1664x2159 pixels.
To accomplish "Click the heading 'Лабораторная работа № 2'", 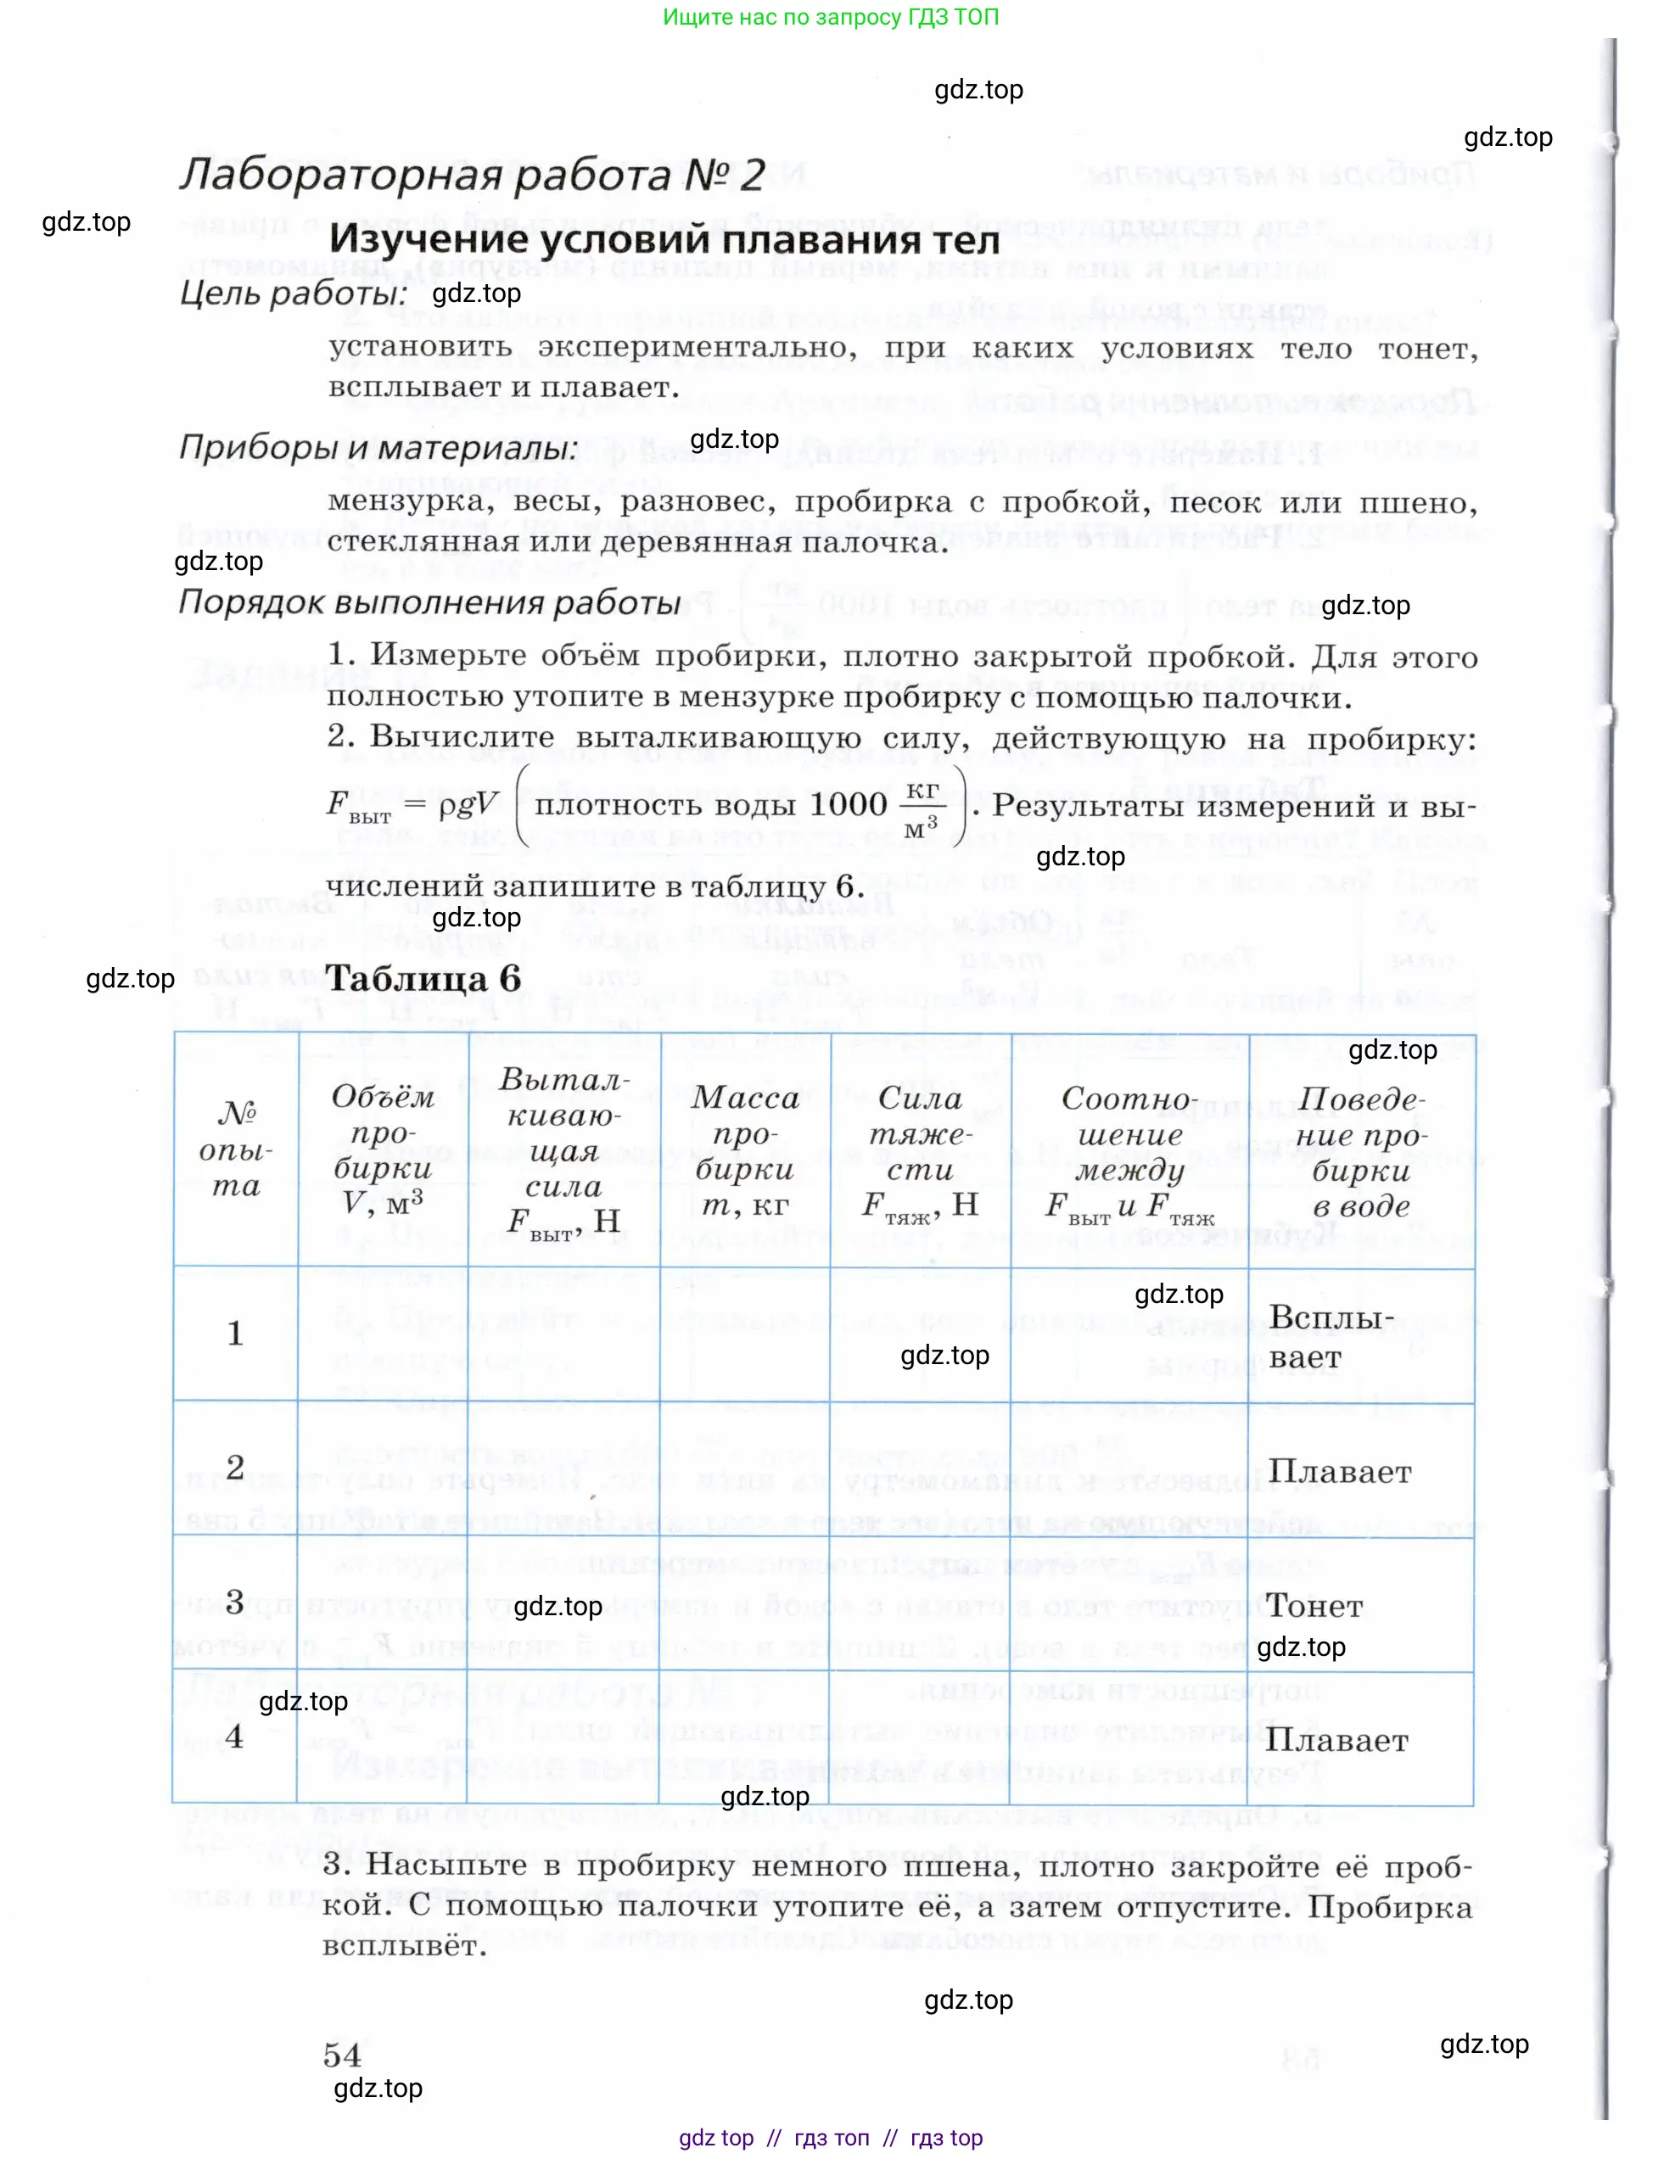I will click(472, 176).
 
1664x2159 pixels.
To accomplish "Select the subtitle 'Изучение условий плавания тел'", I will click(664, 239).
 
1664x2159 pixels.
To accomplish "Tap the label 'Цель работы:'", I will click(294, 294).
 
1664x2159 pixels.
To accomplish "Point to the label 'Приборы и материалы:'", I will click(378, 448).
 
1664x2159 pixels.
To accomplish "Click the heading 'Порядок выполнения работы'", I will click(430, 602).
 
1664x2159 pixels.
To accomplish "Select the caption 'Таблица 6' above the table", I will click(423, 979).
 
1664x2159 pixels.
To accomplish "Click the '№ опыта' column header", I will click(235, 1149).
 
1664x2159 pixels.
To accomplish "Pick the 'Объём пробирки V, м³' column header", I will click(382, 1149).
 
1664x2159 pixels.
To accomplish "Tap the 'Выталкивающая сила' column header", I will click(563, 1150).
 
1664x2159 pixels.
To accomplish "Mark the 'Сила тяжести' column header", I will click(921, 1150).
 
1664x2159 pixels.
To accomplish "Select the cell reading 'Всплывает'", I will click(1331, 1336).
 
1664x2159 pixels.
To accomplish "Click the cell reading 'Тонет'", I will click(1315, 1605).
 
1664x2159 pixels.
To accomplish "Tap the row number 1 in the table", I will click(235, 1334).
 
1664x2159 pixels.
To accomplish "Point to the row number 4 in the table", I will click(234, 1737).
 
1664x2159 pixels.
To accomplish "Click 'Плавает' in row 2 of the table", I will click(1340, 1471).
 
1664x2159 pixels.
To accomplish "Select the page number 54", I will click(342, 2056).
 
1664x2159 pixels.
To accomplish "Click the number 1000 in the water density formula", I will click(848, 803).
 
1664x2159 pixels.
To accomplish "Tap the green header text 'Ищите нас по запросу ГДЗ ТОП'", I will click(831, 17).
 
